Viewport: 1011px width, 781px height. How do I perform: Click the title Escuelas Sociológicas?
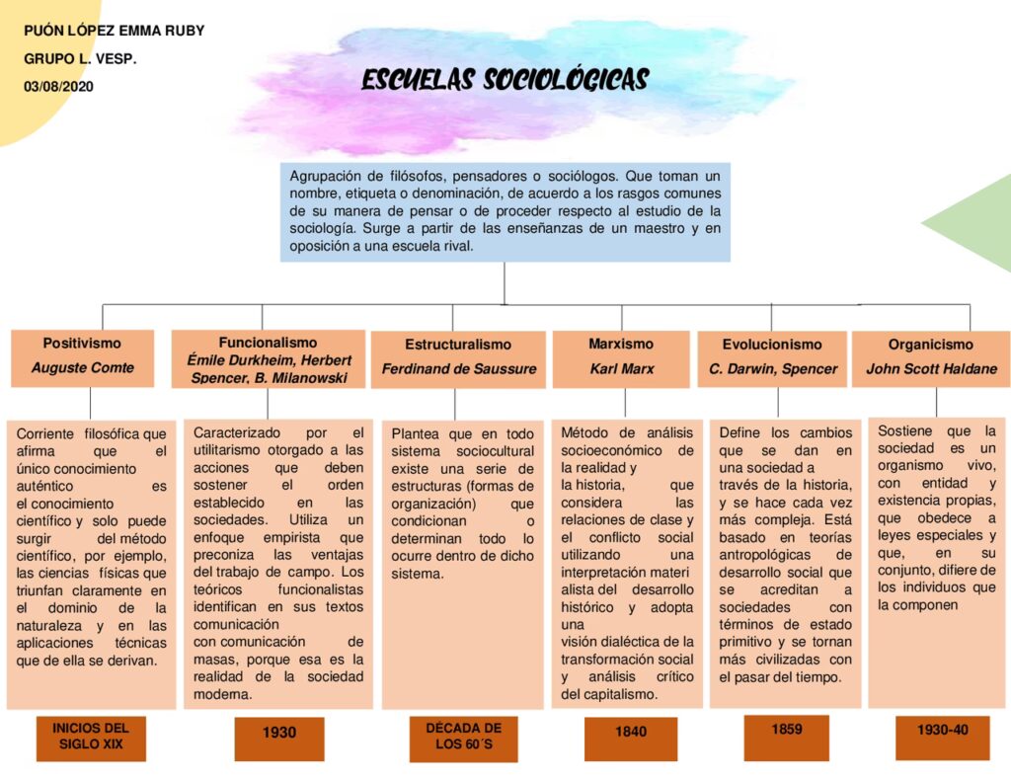click(505, 80)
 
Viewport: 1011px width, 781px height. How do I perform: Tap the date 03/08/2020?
click(57, 86)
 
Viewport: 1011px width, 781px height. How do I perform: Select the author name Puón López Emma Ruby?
click(114, 31)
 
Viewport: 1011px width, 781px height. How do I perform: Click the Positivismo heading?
click(82, 344)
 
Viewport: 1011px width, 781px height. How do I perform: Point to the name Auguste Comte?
click(82, 368)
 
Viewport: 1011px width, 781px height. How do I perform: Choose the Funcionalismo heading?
click(268, 343)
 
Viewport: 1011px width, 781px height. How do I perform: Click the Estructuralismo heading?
click(458, 345)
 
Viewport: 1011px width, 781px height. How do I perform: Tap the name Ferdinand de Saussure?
click(459, 369)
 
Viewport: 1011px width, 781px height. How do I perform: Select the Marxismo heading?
click(621, 344)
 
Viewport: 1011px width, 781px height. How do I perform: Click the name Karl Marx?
click(622, 369)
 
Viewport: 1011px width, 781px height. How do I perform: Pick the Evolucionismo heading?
click(772, 345)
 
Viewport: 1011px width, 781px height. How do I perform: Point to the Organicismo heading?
click(930, 345)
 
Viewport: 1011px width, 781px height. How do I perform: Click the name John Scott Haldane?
click(931, 369)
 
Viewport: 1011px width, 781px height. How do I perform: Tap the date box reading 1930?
click(279, 734)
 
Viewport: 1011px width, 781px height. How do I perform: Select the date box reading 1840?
click(631, 733)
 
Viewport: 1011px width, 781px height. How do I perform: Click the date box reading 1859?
click(787, 731)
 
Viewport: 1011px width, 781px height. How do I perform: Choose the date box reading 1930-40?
click(942, 731)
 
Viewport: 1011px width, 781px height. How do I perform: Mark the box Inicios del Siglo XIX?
click(92, 737)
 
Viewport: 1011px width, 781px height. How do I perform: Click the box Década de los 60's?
click(463, 737)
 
